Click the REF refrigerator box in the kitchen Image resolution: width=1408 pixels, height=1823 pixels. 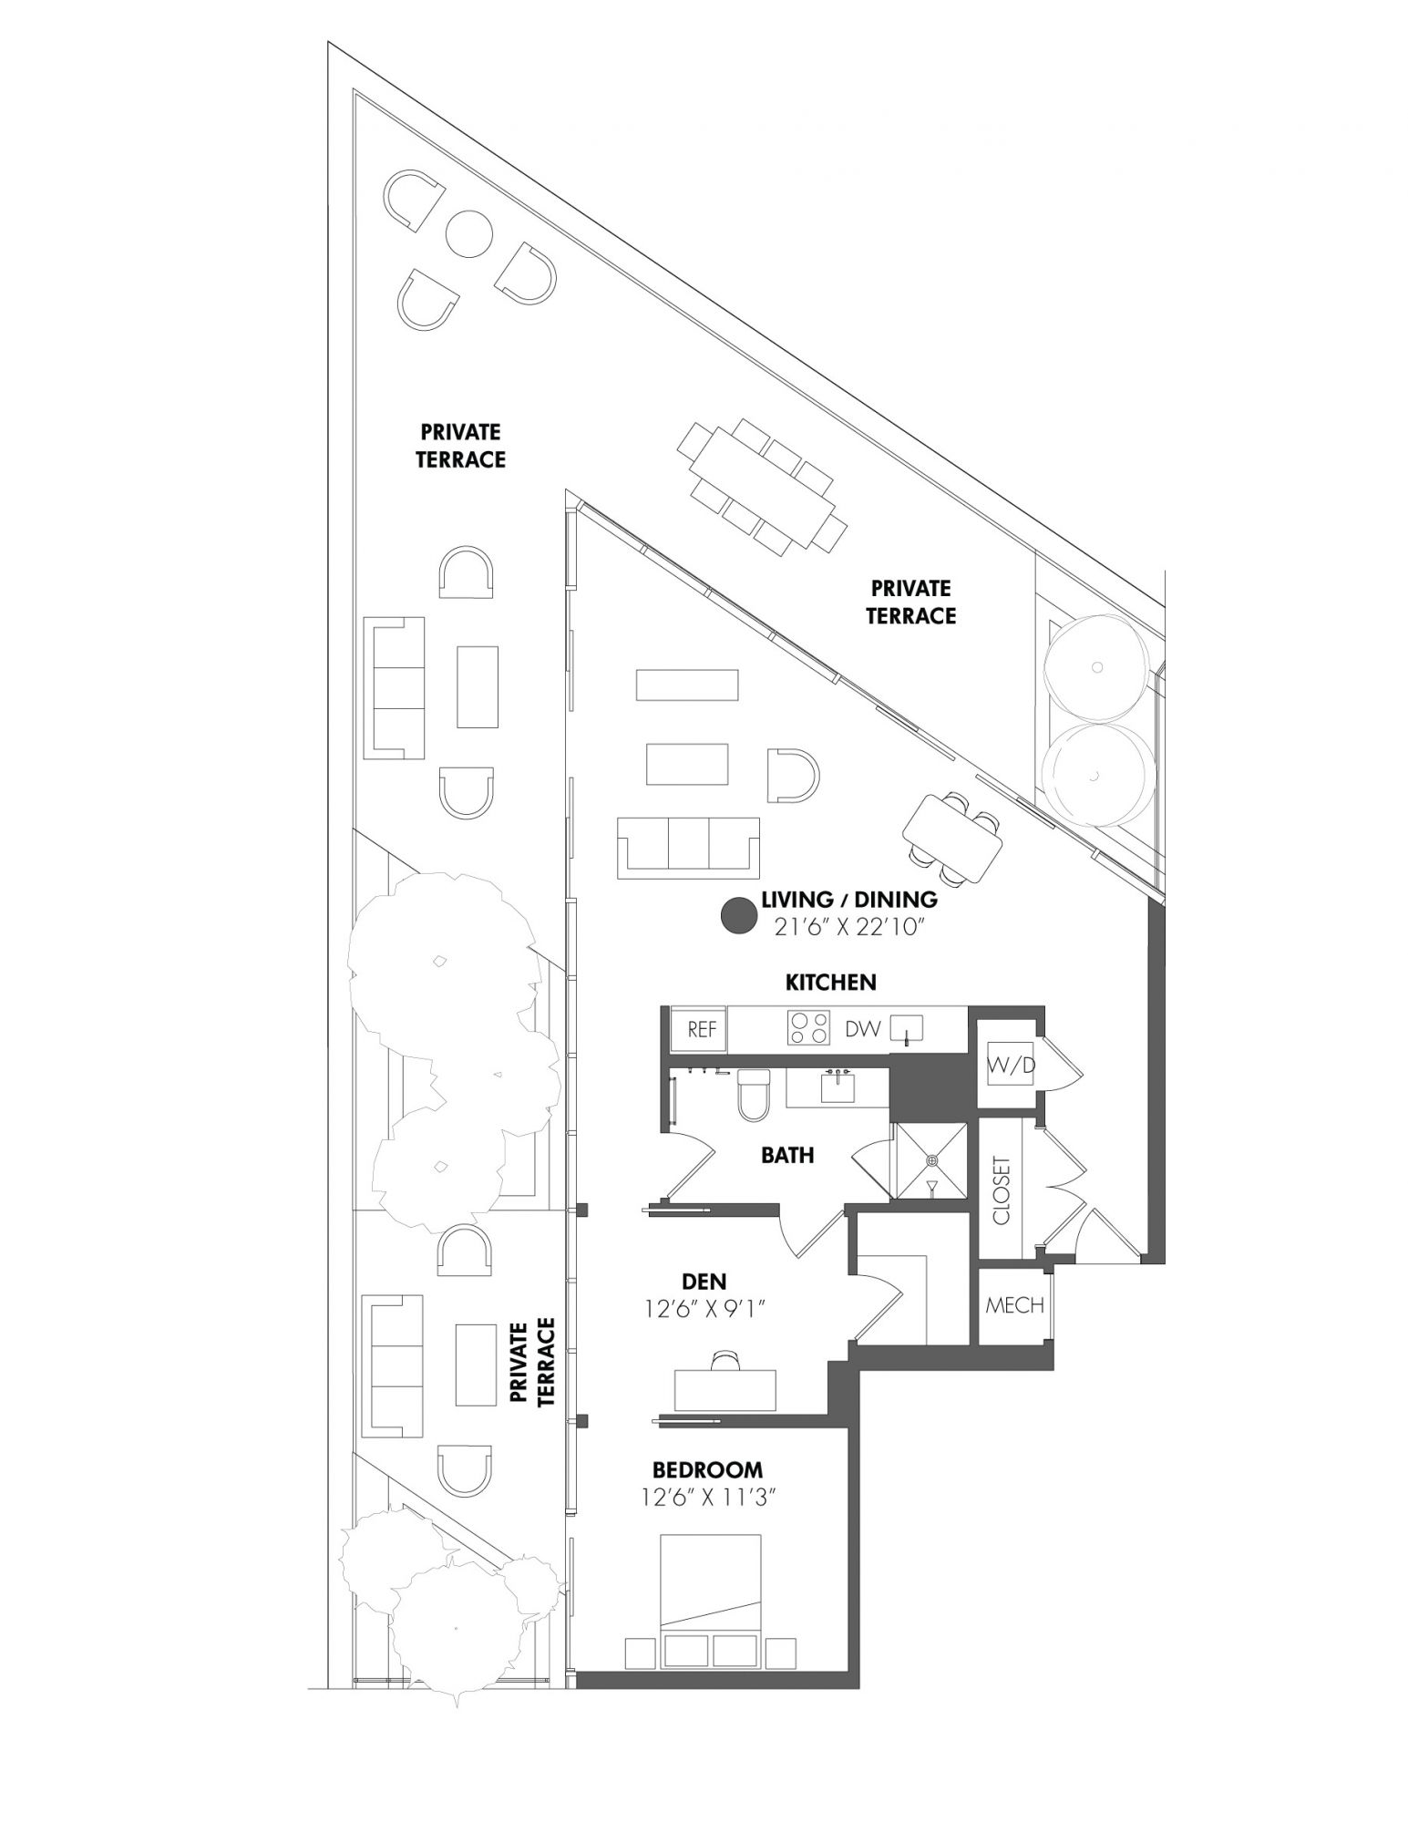click(x=702, y=1029)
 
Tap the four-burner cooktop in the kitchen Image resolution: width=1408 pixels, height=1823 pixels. click(x=809, y=1028)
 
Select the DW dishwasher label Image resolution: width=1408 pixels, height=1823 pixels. click(x=862, y=1029)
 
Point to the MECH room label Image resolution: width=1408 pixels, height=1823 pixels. click(x=1014, y=1305)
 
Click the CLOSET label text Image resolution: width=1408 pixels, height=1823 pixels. click(x=1002, y=1191)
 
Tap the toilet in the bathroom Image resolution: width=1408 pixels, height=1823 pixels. click(x=754, y=1094)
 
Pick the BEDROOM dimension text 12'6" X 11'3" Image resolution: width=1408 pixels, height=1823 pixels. click(x=706, y=1498)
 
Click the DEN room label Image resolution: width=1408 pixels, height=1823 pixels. click(x=704, y=1282)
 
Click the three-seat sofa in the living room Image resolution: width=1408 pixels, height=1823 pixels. click(x=688, y=848)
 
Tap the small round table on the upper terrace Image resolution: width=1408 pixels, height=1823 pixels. click(x=468, y=232)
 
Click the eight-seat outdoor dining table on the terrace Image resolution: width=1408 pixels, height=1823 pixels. click(x=762, y=487)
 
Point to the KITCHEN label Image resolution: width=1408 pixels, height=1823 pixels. click(x=831, y=982)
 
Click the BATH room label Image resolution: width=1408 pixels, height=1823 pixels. click(x=787, y=1155)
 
